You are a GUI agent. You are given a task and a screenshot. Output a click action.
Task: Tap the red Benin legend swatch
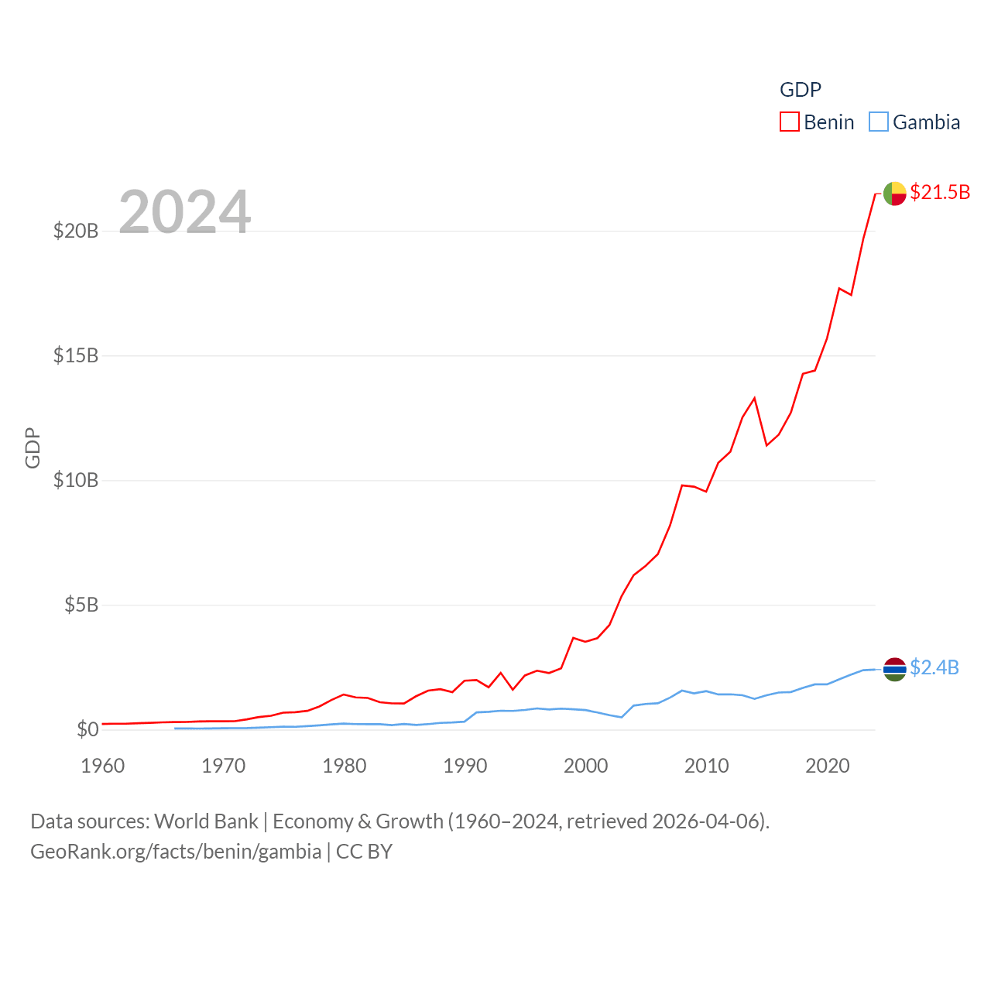tap(790, 122)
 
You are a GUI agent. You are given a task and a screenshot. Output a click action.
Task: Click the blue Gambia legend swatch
tap(879, 122)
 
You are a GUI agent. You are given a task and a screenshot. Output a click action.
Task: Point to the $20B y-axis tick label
tap(76, 231)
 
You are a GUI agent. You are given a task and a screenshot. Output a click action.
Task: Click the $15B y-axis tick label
tap(76, 355)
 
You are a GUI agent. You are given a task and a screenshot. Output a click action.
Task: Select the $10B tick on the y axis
tap(76, 480)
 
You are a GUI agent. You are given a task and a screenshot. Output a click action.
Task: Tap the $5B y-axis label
tap(81, 605)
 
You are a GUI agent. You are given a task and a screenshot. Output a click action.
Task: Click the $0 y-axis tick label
tap(87, 729)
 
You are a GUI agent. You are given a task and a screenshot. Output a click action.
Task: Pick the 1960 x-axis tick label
tap(103, 766)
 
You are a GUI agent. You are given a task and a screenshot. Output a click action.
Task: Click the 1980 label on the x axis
tap(344, 766)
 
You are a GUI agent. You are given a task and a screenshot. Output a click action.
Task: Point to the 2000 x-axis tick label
tap(585, 766)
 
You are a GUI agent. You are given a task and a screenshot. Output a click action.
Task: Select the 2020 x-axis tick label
tap(827, 766)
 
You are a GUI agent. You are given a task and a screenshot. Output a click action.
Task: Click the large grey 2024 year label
tap(184, 211)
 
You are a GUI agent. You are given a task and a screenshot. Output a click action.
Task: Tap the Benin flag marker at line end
tap(894, 194)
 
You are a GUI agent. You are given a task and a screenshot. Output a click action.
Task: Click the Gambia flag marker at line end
tap(894, 670)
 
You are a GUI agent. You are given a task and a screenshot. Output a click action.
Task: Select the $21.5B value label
tap(940, 192)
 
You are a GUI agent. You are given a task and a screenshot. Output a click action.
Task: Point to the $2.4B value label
tap(934, 667)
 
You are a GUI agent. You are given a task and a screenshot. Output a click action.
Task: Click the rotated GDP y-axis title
tap(33, 447)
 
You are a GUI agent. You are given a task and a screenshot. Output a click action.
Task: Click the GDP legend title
tap(800, 90)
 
